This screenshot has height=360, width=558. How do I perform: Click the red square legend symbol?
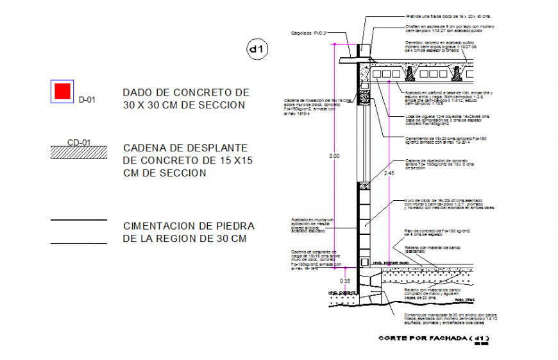coord(62,91)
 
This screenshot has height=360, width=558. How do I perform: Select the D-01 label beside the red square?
coord(87,99)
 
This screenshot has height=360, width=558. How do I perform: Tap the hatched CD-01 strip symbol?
coord(79,151)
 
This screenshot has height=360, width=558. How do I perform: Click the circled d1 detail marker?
coord(257,49)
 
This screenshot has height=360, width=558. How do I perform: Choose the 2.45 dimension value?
coord(389,173)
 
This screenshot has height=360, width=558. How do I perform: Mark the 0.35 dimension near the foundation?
coord(345,280)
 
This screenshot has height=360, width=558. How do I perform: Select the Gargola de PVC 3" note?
coord(310,33)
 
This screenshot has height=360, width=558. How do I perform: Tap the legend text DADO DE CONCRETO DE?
coord(185,92)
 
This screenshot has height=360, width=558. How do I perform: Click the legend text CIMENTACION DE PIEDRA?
coord(189,227)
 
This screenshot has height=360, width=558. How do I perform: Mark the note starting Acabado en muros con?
coord(312,225)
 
